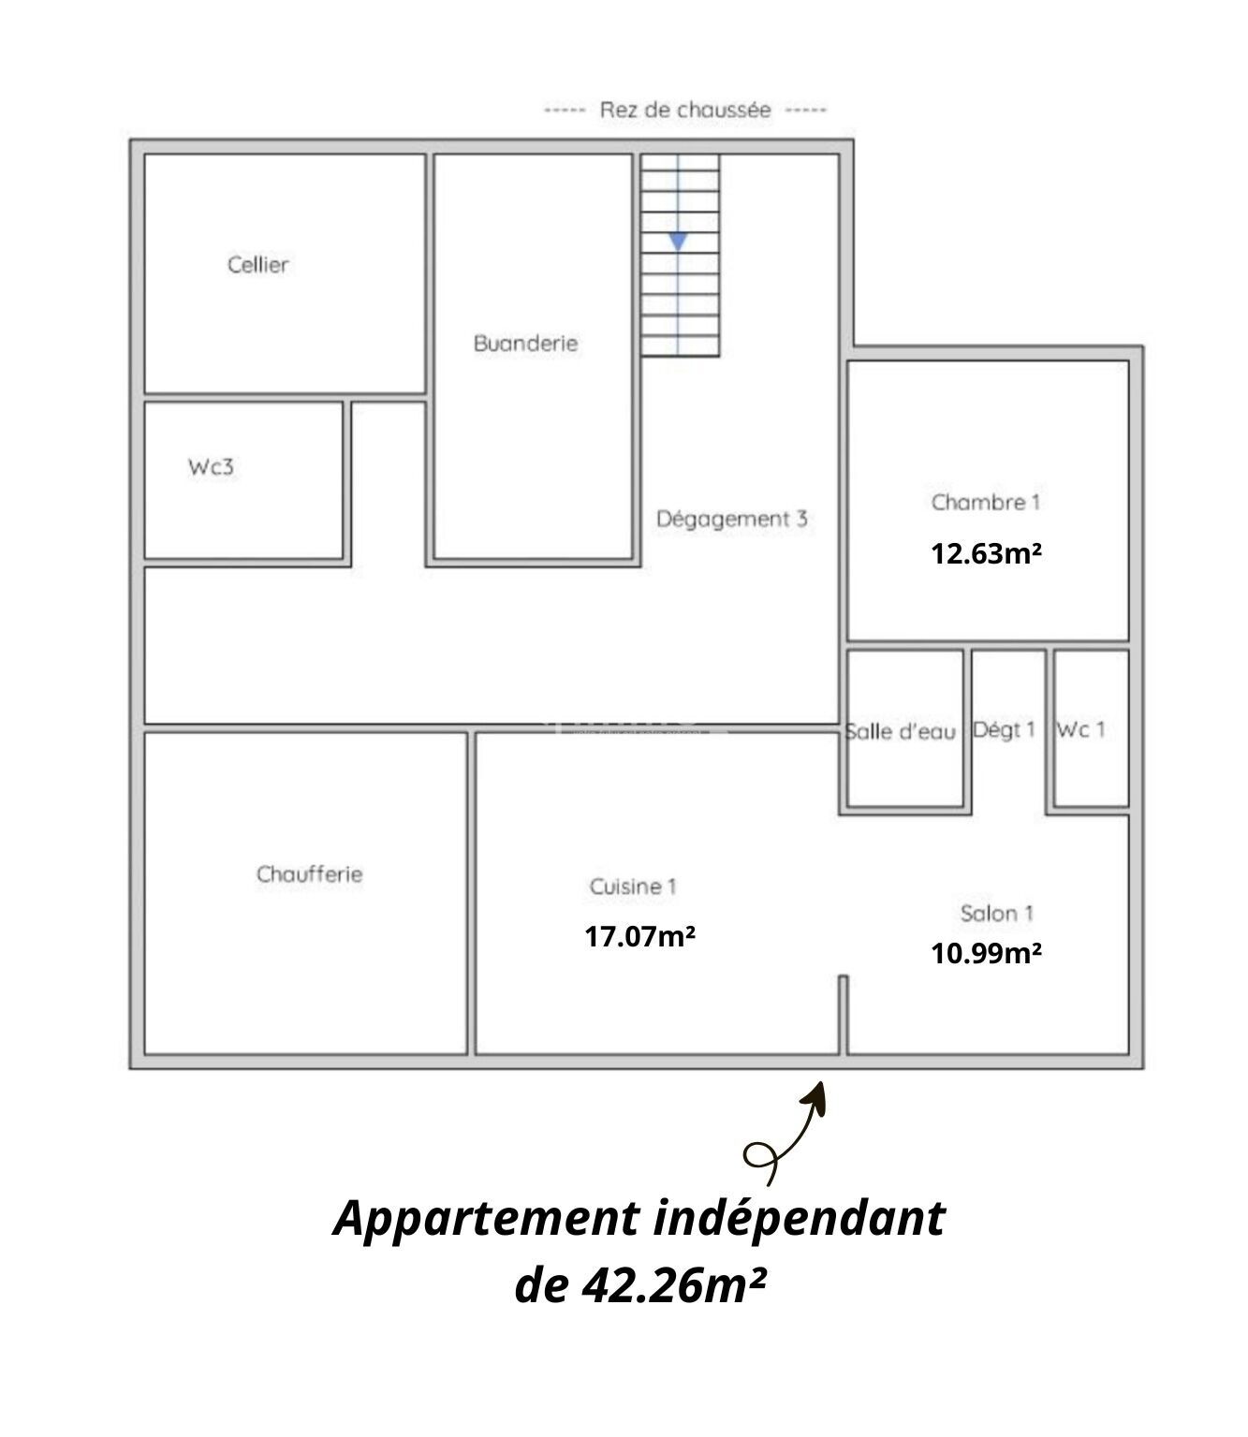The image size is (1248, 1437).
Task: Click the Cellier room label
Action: tap(257, 265)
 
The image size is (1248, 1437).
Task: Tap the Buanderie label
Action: tap(525, 344)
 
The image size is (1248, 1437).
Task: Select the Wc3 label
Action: tap(211, 467)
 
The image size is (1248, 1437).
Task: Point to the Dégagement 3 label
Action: tap(731, 520)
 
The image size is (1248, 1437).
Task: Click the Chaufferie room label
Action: tap(309, 874)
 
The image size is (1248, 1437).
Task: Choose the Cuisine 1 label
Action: tap(633, 887)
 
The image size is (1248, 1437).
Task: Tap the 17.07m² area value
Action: tap(639, 936)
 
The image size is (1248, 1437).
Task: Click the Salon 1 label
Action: tap(996, 913)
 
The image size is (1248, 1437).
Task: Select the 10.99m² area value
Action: tap(986, 953)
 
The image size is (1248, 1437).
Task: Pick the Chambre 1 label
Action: tap(985, 502)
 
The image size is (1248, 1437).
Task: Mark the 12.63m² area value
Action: tap(986, 553)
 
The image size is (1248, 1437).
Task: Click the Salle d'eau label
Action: tap(901, 732)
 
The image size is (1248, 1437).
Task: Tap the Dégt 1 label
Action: tap(1005, 730)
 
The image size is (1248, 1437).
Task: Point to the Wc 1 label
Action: tap(1080, 730)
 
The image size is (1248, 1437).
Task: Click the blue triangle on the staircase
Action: tap(678, 242)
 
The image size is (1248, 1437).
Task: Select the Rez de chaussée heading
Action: tap(684, 110)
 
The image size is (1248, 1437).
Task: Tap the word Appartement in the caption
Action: tap(487, 1220)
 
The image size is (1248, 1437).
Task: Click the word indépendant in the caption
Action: tap(800, 1220)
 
